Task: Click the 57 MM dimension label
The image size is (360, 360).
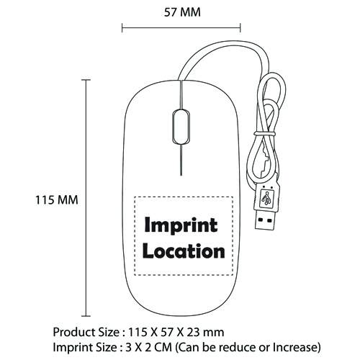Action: pos(182,12)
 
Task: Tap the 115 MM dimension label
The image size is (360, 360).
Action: pos(57,200)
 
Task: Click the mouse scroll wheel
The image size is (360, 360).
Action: pos(181,127)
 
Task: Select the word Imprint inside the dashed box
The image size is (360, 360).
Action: pos(181,225)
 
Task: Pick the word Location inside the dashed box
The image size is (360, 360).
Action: pos(184,251)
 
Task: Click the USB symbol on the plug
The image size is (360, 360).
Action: pos(266,198)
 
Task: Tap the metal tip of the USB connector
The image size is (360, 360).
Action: pos(266,220)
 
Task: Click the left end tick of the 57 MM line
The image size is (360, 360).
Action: pos(122,27)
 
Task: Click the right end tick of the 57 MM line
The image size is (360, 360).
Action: pos(240,27)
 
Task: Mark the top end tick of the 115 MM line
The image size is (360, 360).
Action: pos(86,80)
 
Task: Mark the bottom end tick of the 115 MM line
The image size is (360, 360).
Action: pos(86,316)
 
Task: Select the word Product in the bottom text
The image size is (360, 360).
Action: pos(74,333)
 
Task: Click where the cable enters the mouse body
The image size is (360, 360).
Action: pos(181,80)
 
